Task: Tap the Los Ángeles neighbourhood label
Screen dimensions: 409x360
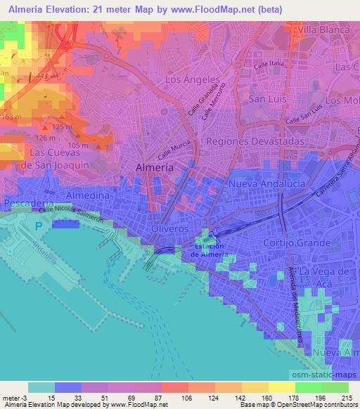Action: tap(192, 81)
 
